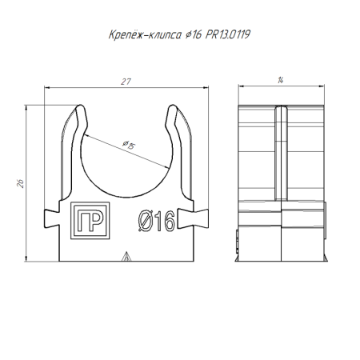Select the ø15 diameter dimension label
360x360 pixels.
point(129,145)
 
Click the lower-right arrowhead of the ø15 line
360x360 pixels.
point(170,167)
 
